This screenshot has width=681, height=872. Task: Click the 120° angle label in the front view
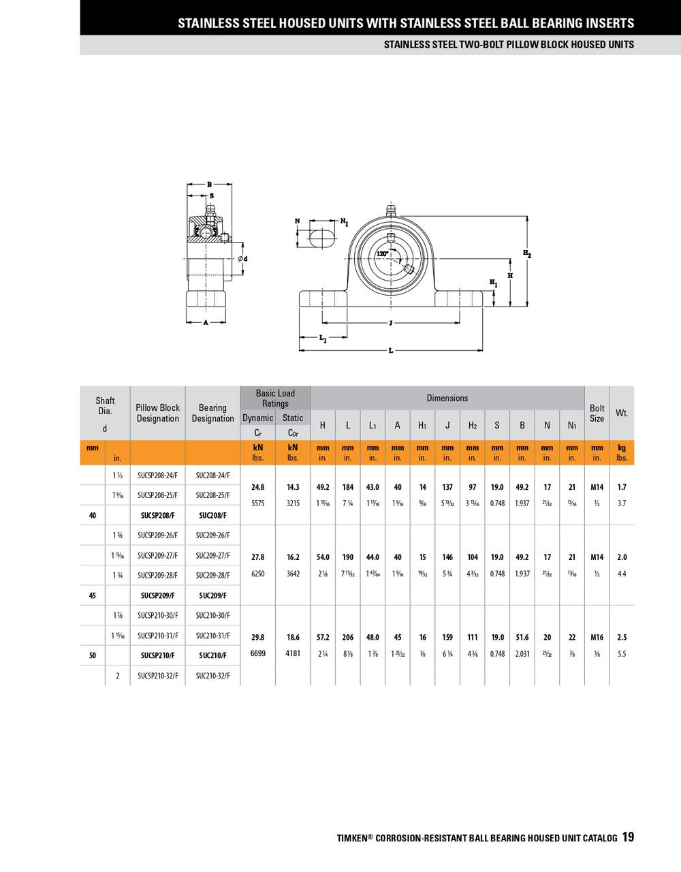[383, 253]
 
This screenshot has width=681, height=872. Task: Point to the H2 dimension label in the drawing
[526, 253]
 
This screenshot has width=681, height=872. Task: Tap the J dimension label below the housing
[390, 323]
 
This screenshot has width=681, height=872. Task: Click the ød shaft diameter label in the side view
[242, 259]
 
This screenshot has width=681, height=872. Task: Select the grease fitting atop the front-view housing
[391, 210]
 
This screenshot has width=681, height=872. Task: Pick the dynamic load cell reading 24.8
[257, 487]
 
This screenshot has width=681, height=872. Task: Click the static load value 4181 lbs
[293, 653]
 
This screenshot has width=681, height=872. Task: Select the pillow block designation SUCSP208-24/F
[157, 476]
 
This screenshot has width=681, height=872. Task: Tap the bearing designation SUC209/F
[212, 595]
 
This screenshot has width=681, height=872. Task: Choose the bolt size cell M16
[597, 638]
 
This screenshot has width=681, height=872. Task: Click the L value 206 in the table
[348, 638]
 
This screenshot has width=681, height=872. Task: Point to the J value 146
[447, 557]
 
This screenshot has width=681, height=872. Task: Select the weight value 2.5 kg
[622, 638]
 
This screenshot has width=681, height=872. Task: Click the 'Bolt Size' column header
[597, 413]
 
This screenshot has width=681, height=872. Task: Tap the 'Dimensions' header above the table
[447, 398]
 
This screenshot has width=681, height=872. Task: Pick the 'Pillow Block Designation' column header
[157, 413]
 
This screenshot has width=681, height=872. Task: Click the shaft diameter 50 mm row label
[93, 655]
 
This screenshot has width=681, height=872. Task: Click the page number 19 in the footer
[627, 837]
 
